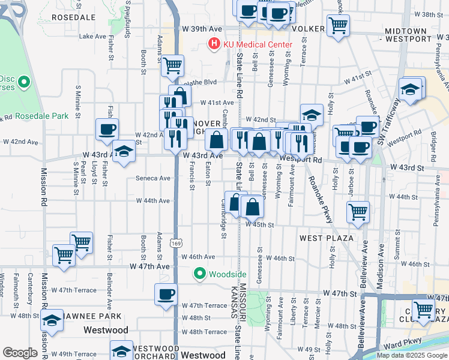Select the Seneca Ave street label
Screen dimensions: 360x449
[x=154, y=178]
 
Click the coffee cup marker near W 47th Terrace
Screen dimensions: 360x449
[x=166, y=294]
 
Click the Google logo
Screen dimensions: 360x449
[x=20, y=353]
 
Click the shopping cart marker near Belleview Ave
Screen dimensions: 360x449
[x=358, y=211]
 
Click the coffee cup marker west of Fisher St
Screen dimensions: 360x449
[x=107, y=128]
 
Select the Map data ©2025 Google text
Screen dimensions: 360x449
[x=412, y=355]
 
